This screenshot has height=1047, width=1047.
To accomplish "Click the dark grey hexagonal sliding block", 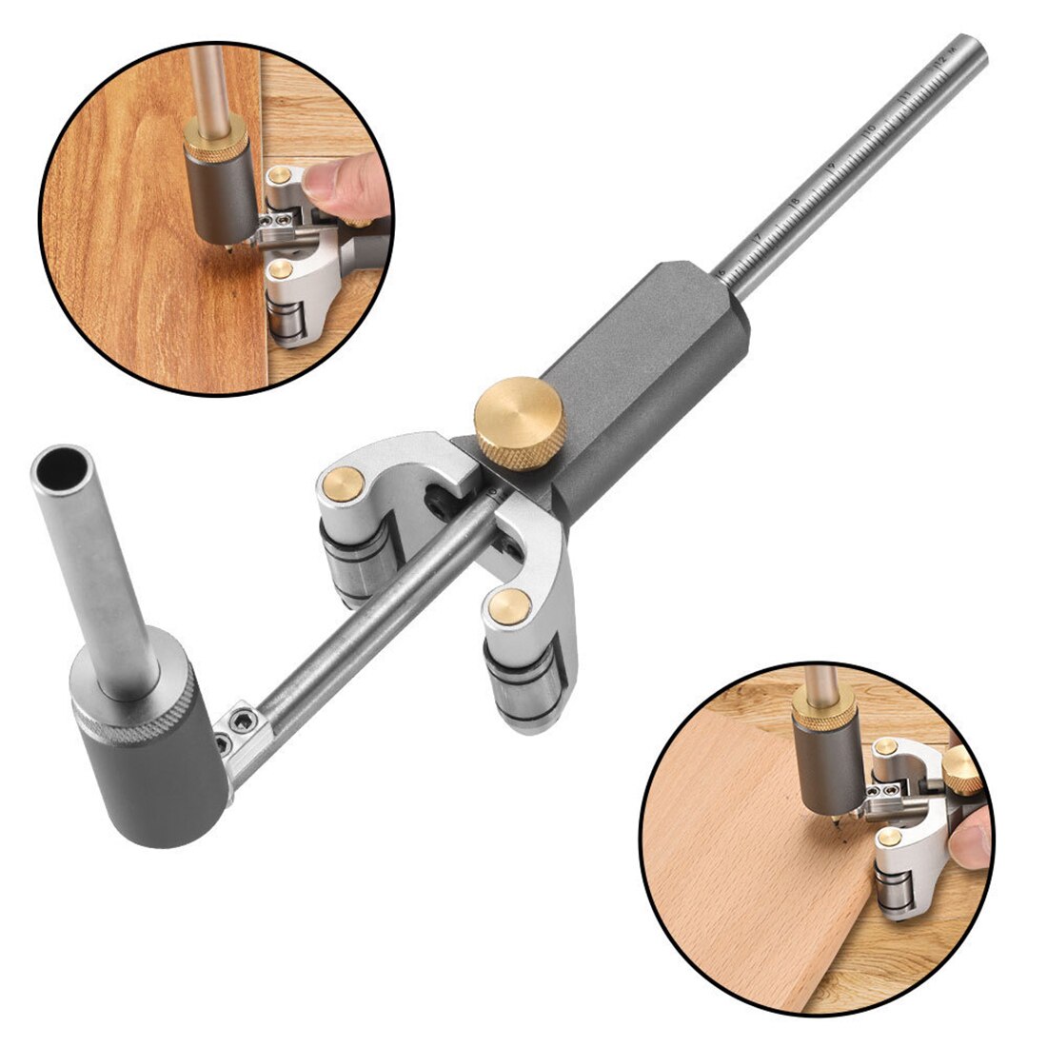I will point(647,362).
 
